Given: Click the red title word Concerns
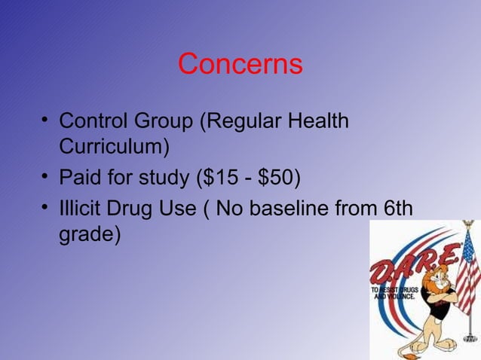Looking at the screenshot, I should (x=240, y=64).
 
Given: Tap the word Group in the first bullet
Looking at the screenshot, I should (x=165, y=121).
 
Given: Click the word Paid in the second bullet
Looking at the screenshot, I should (x=81, y=178).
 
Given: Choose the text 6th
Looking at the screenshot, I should (x=398, y=207).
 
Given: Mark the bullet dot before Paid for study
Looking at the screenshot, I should (x=46, y=179).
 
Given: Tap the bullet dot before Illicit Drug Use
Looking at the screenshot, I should (x=46, y=208).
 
